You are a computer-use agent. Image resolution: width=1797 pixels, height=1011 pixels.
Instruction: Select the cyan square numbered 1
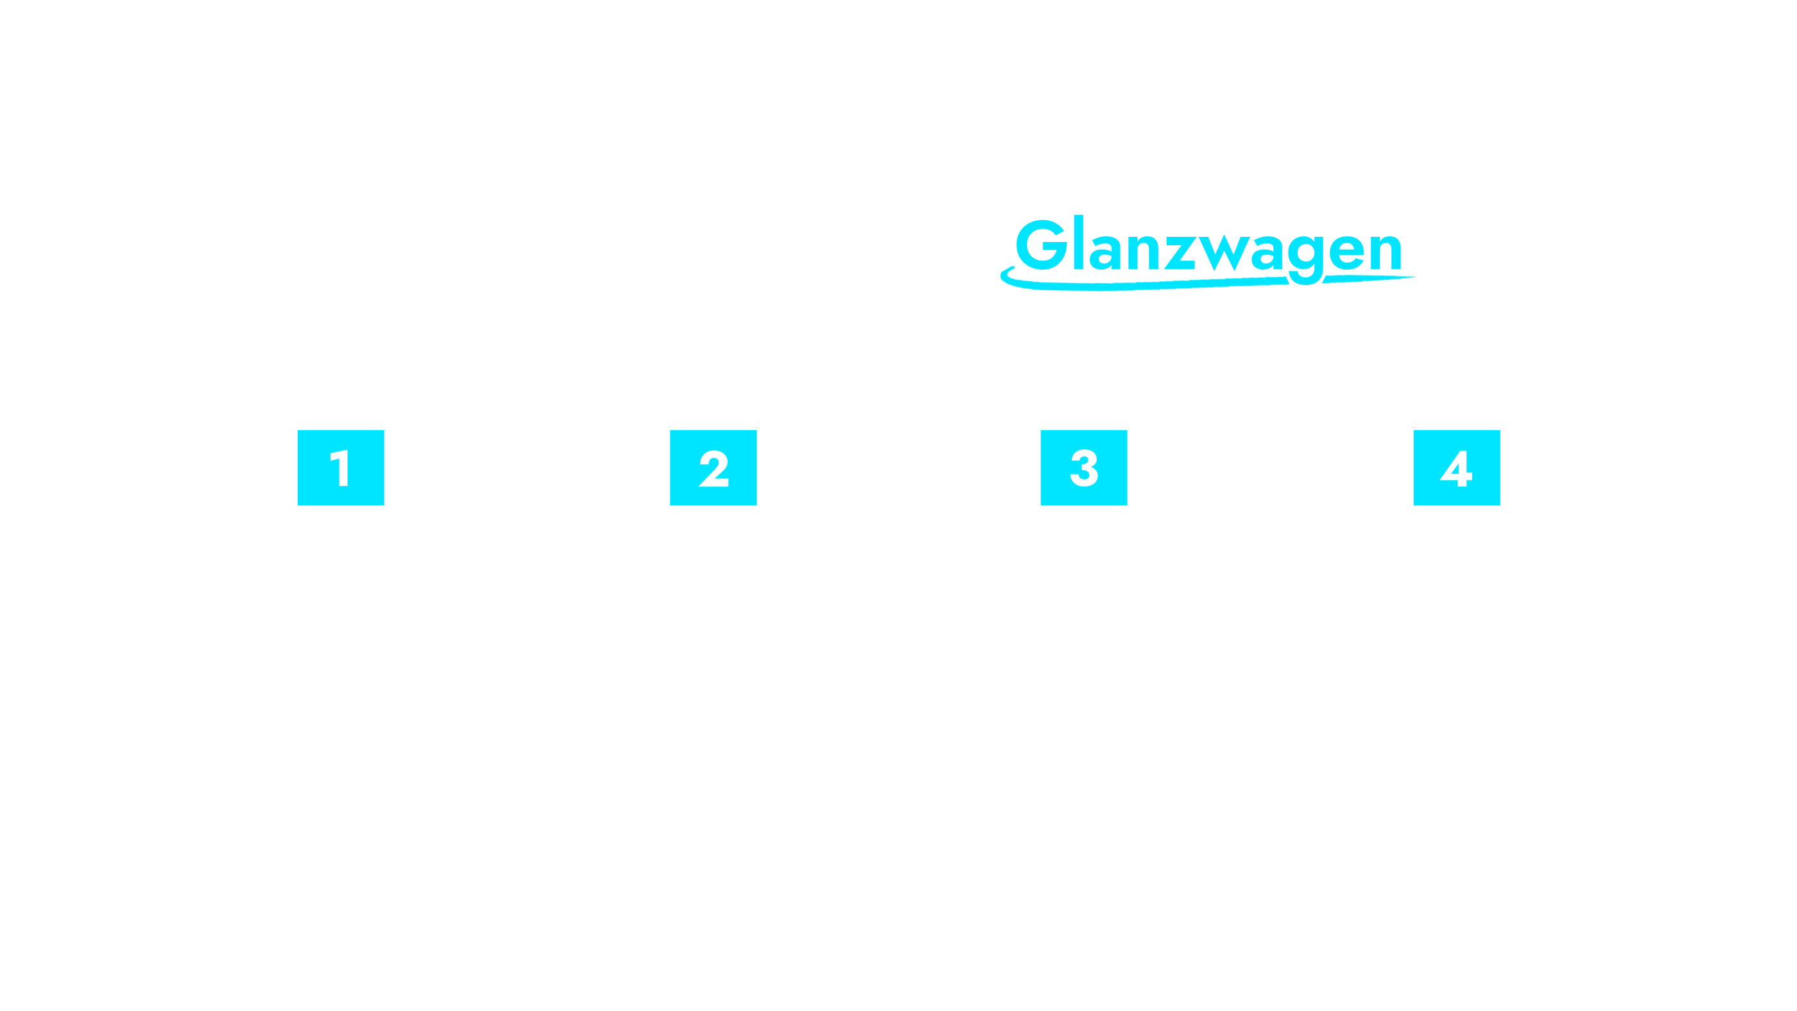coord(340,467)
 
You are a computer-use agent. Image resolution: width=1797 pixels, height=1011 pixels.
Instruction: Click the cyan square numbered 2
coord(713,467)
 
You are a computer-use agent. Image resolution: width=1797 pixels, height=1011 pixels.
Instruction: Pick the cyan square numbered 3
coord(1083,467)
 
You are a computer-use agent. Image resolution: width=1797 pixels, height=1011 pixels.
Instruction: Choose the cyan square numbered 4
coord(1457,467)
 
